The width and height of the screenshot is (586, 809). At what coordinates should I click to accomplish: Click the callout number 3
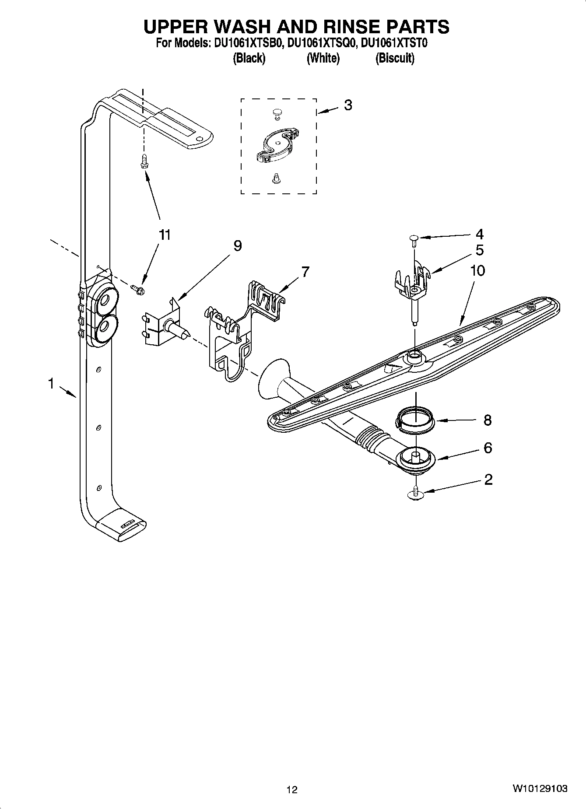(347, 105)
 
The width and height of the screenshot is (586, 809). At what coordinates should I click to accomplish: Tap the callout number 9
(237, 246)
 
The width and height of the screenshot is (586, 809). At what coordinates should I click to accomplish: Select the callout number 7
(305, 272)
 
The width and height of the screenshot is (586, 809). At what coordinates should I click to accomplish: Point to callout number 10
(477, 270)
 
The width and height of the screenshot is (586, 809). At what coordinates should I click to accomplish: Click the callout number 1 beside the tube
(51, 384)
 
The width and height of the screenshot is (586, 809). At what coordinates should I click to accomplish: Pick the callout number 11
(164, 235)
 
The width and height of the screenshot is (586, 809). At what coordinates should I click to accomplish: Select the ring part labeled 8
(416, 420)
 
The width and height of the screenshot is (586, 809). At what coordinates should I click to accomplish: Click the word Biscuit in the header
(395, 58)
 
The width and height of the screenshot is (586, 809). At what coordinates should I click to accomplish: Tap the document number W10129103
(540, 788)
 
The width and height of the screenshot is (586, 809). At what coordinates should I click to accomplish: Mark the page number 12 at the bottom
(292, 790)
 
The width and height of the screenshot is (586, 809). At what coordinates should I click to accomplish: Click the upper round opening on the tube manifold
(105, 301)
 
